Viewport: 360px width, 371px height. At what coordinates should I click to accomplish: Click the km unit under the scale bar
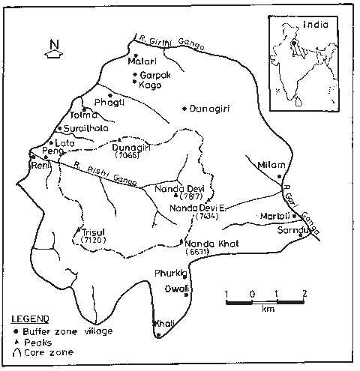267,308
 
